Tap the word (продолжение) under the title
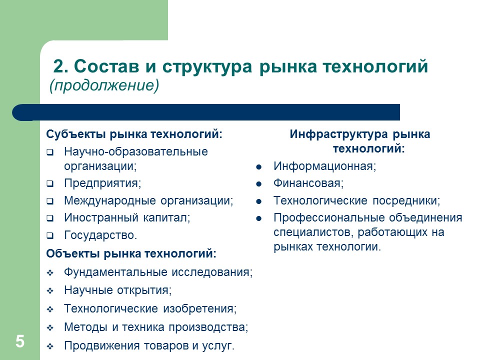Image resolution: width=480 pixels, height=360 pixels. [104, 86]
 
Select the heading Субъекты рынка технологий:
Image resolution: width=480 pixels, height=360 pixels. [134, 134]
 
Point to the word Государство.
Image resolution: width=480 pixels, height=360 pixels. [100, 234]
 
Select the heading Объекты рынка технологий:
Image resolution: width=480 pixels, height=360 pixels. [131, 253]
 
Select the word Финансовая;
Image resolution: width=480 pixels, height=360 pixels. [308, 183]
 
